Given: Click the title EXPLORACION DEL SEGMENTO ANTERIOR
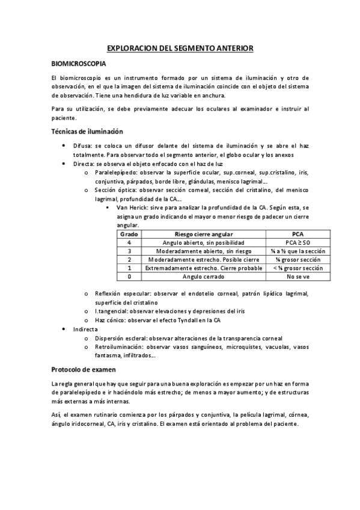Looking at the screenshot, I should pos(180,47).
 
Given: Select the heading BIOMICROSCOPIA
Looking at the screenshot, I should pos(79,63).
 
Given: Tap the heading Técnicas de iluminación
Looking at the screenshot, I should pos(87,131).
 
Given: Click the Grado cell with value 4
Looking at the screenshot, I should pos(129,242).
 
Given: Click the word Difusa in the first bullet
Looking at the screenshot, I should pos(82,146).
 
